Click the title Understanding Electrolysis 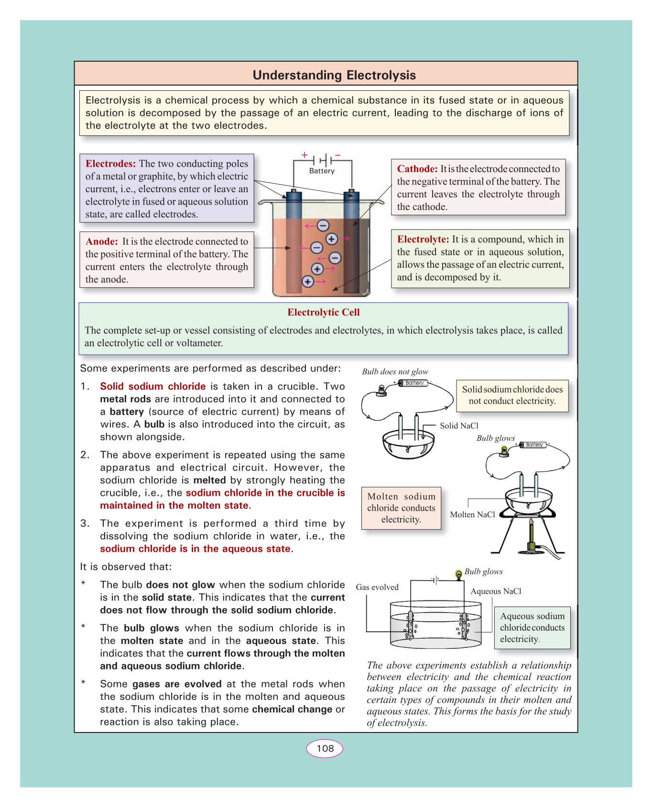click(x=334, y=75)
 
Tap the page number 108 click(x=325, y=748)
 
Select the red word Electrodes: click(x=110, y=164)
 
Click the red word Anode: click(x=102, y=241)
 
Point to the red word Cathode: click(x=417, y=169)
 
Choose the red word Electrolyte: click(x=423, y=239)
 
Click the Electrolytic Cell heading click(x=324, y=312)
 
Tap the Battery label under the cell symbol click(x=322, y=171)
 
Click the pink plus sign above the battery click(x=305, y=154)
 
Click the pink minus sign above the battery click(x=338, y=155)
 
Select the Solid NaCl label click(x=459, y=426)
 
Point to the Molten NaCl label click(x=472, y=514)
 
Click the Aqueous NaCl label click(x=496, y=591)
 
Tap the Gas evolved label click(x=377, y=587)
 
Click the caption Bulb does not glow click(x=395, y=371)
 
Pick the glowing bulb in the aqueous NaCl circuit click(x=459, y=573)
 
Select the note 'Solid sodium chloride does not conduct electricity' click(x=512, y=395)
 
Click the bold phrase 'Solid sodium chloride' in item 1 click(x=152, y=386)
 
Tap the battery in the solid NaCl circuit click(x=414, y=383)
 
